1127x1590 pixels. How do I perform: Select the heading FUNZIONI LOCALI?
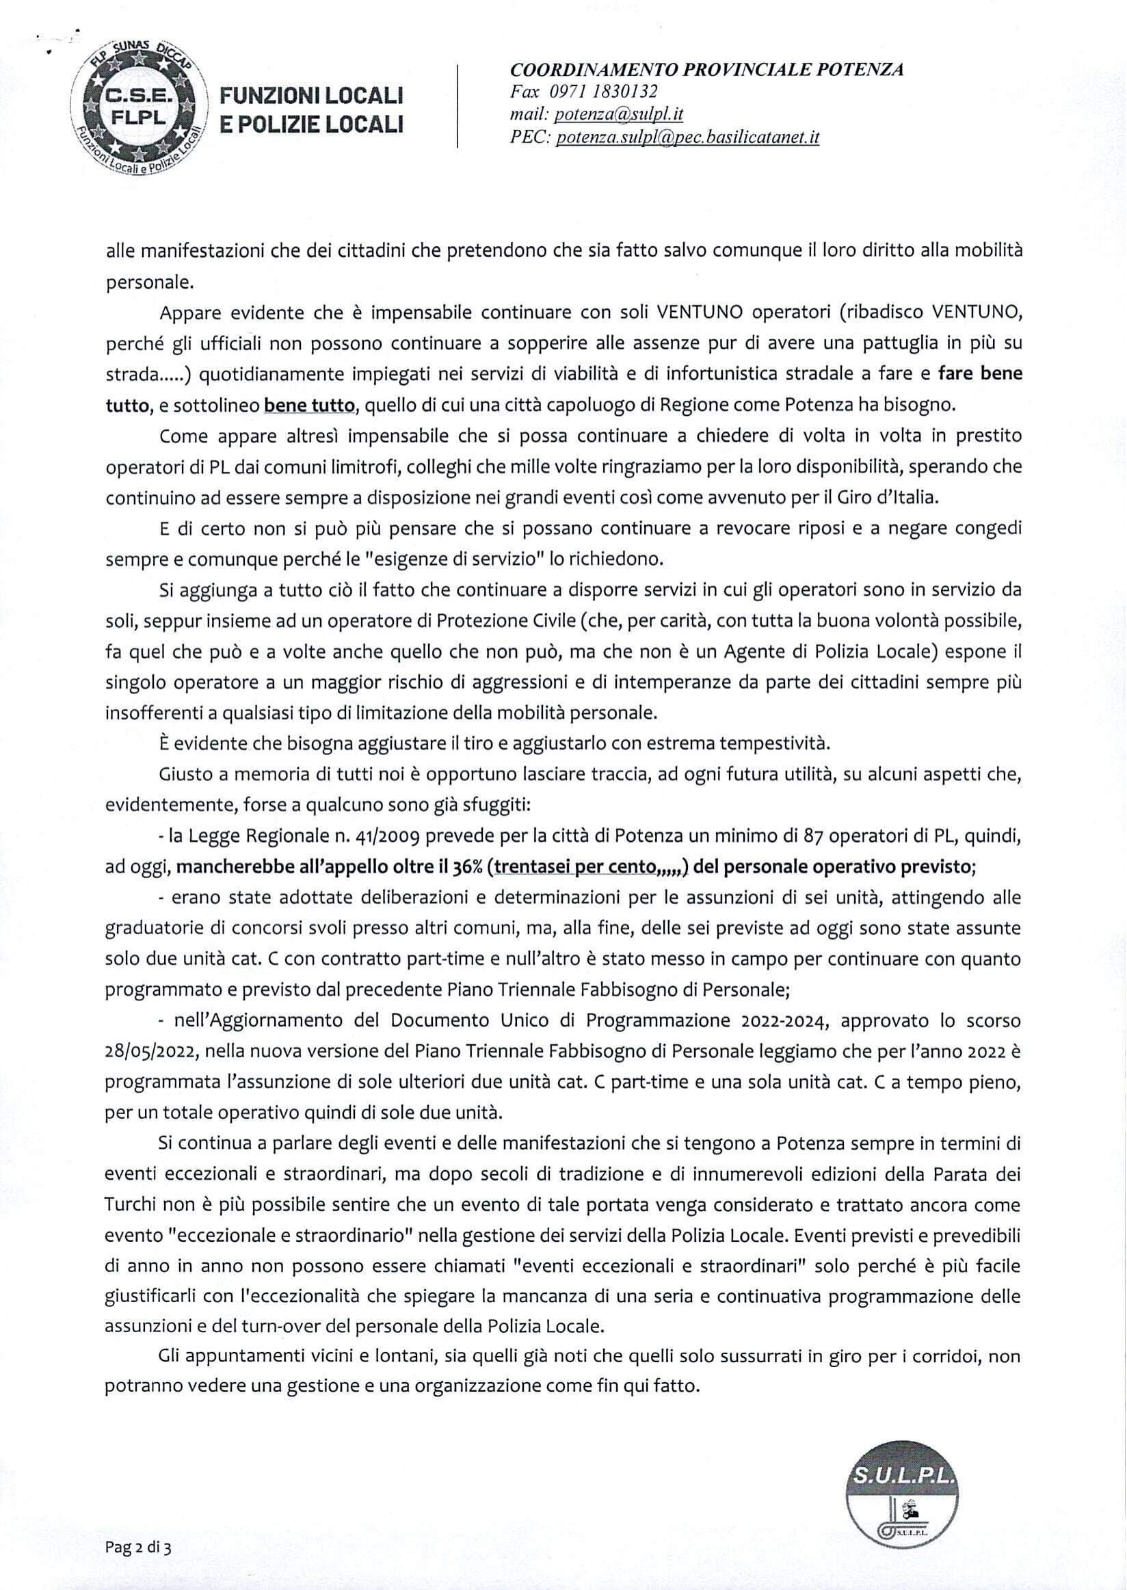[x=312, y=95]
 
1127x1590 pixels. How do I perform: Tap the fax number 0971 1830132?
[x=604, y=91]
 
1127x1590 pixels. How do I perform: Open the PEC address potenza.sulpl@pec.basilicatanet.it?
[x=688, y=137]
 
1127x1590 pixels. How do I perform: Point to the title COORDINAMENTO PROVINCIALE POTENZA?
[x=706, y=69]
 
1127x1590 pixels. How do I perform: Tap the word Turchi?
[x=129, y=1204]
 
